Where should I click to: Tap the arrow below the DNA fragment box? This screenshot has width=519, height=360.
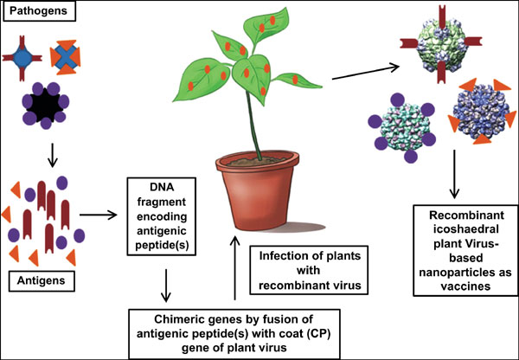click(164, 283)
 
